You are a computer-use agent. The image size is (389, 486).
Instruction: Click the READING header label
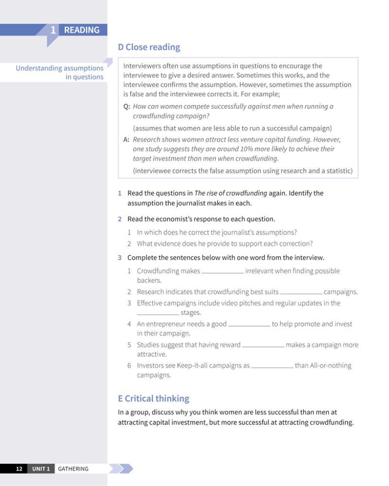tap(81, 30)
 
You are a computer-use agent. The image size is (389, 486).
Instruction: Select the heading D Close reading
tap(149, 47)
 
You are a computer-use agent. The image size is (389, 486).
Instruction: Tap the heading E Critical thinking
tap(153, 399)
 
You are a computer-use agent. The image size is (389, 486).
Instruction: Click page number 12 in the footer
tap(19, 469)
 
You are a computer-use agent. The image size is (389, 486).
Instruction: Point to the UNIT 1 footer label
tap(41, 469)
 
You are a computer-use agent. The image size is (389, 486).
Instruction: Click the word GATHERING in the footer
tap(73, 469)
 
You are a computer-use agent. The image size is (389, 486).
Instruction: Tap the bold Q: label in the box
tap(126, 106)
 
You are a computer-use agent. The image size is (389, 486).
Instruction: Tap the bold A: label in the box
tap(126, 140)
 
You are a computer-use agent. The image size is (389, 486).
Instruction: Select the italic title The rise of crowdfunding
tap(230, 193)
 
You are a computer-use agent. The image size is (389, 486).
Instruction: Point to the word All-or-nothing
tap(331, 366)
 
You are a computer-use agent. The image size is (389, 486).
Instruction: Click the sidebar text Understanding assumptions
tap(59, 68)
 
